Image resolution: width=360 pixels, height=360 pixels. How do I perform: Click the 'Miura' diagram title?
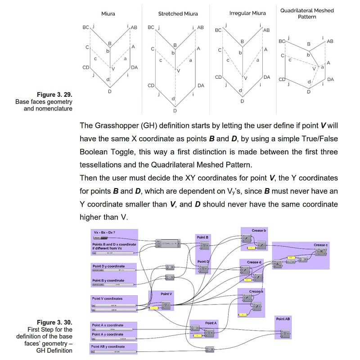coord(108,13)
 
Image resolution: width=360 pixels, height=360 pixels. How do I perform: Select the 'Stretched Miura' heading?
coord(178,14)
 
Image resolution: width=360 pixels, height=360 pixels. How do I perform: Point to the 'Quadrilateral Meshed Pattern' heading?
coord(307,13)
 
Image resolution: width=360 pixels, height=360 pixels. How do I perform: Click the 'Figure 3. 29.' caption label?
coord(55,95)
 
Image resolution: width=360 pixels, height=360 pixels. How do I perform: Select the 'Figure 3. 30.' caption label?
coord(54,323)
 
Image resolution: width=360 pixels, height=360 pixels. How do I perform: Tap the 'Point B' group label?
coord(202,237)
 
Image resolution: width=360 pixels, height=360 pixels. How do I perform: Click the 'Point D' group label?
coord(203,261)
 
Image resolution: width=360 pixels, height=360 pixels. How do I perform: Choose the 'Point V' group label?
coord(166,294)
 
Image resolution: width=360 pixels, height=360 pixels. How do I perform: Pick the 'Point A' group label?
coord(211,323)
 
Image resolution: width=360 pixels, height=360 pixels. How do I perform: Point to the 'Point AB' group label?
coord(283,319)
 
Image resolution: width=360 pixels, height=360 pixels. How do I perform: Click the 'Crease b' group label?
coord(258,230)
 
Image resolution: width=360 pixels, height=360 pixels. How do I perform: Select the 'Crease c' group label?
coord(321,245)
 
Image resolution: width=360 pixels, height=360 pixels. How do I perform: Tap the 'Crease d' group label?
coord(254,262)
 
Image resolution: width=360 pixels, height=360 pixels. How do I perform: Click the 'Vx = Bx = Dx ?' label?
coord(104,232)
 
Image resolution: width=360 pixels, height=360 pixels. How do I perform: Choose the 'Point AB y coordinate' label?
coord(108,346)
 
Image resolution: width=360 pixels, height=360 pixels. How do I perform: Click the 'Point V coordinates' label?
coord(107,298)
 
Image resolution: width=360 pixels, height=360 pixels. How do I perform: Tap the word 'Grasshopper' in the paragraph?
coord(111,126)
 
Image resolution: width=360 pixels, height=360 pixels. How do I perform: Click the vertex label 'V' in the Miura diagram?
coord(113,69)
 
